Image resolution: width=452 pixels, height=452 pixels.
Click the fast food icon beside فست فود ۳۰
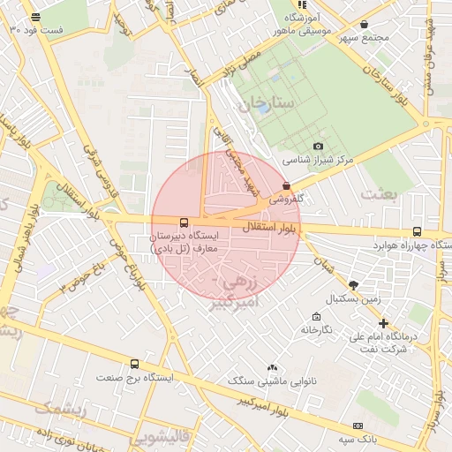tap(35, 17)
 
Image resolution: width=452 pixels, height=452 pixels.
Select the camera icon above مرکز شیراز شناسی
tap(318, 147)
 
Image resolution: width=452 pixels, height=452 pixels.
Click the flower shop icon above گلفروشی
tap(286, 185)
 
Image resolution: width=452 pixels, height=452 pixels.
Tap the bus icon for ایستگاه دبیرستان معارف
tap(184, 223)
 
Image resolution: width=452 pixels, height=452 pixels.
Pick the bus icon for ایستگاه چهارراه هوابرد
tap(417, 230)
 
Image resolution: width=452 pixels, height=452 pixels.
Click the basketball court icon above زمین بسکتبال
tap(354, 285)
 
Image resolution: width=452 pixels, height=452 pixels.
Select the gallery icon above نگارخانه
tap(315, 317)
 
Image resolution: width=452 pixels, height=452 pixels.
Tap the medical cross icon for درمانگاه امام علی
tap(383, 323)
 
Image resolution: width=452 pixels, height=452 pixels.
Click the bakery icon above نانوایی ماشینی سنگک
tap(271, 367)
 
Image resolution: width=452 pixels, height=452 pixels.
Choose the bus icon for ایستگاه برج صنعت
tap(134, 364)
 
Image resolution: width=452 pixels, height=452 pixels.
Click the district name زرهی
tap(239, 284)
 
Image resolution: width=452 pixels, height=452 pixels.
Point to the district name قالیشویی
tap(159, 437)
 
